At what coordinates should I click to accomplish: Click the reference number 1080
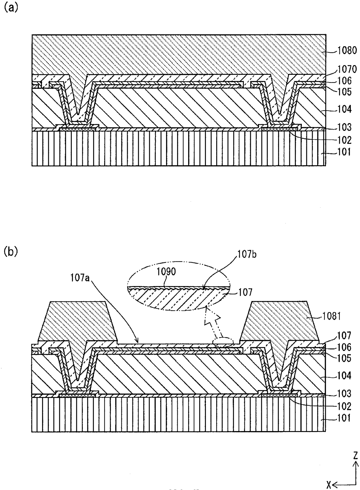point(347,51)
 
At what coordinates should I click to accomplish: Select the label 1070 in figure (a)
point(347,69)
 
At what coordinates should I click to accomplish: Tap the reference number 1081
point(331,317)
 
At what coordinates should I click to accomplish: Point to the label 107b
point(247,254)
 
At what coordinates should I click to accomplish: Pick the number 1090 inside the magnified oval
point(166,272)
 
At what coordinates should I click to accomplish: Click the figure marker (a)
point(10,8)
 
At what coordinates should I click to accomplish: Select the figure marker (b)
point(10,252)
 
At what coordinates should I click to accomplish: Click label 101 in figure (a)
point(345,152)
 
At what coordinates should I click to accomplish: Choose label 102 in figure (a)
point(345,140)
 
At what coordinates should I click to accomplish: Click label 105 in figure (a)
point(345,92)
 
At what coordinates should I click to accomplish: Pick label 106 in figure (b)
point(345,347)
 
